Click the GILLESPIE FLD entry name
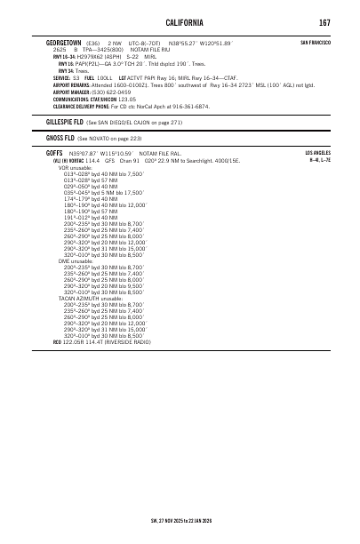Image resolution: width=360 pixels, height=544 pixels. pos(65,120)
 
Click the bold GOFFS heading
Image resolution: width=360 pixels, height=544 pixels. pos(55,153)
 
